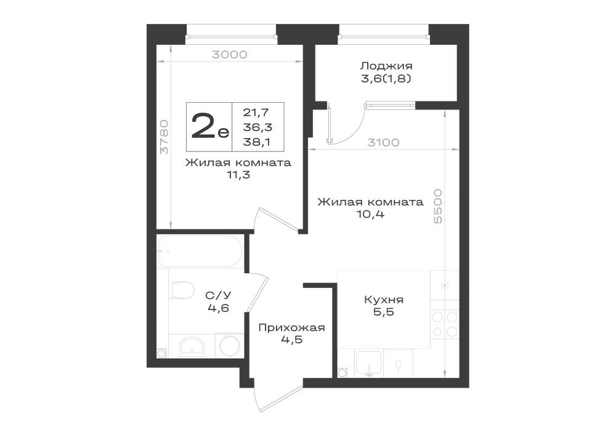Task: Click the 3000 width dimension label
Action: (229, 55)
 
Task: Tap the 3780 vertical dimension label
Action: (164, 137)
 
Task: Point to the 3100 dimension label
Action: (383, 142)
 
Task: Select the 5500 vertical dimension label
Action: (437, 206)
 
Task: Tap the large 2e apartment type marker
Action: (209, 126)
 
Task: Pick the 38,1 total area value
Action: (257, 142)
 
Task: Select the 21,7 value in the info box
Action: (256, 113)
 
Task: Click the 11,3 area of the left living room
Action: (238, 175)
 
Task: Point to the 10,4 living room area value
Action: (370, 215)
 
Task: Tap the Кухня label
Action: (384, 300)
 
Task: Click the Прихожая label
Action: (291, 327)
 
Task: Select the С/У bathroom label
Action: (218, 295)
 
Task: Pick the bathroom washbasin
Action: (192, 347)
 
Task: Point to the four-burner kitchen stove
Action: (445, 324)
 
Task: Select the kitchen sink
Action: (368, 363)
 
